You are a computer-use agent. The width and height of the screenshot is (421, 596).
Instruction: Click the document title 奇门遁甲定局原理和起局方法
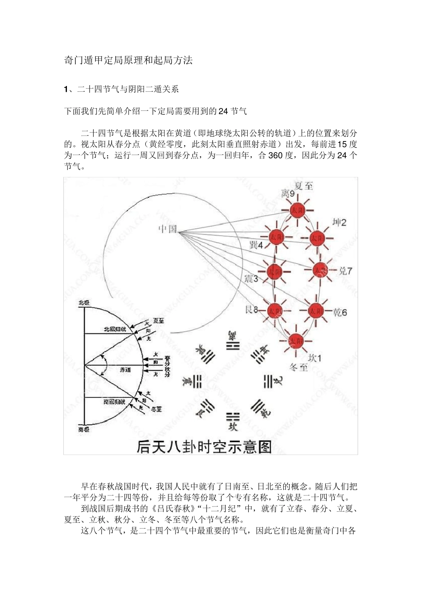pyautogui.click(x=129, y=60)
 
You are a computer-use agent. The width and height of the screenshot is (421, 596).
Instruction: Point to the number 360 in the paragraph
pyautogui.click(x=275, y=156)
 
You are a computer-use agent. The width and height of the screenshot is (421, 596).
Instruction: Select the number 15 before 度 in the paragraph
pyautogui.click(x=342, y=144)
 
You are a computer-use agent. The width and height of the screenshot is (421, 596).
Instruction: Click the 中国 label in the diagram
pyautogui.click(x=168, y=229)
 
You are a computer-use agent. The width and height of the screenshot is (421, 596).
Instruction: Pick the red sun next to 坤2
pyautogui.click(x=317, y=239)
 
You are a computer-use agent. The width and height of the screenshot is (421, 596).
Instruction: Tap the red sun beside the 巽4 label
pyautogui.click(x=277, y=237)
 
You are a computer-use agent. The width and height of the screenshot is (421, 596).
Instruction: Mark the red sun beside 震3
pyautogui.click(x=275, y=271)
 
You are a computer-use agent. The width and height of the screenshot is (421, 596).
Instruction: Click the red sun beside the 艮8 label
pyautogui.click(x=275, y=311)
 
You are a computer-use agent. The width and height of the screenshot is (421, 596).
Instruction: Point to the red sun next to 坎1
pyautogui.click(x=296, y=341)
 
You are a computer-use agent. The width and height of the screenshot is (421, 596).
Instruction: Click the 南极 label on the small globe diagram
pyautogui.click(x=84, y=430)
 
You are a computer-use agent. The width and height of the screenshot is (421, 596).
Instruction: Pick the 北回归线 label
pyautogui.click(x=115, y=329)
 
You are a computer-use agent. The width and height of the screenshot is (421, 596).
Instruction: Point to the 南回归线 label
pyautogui.click(x=115, y=402)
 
